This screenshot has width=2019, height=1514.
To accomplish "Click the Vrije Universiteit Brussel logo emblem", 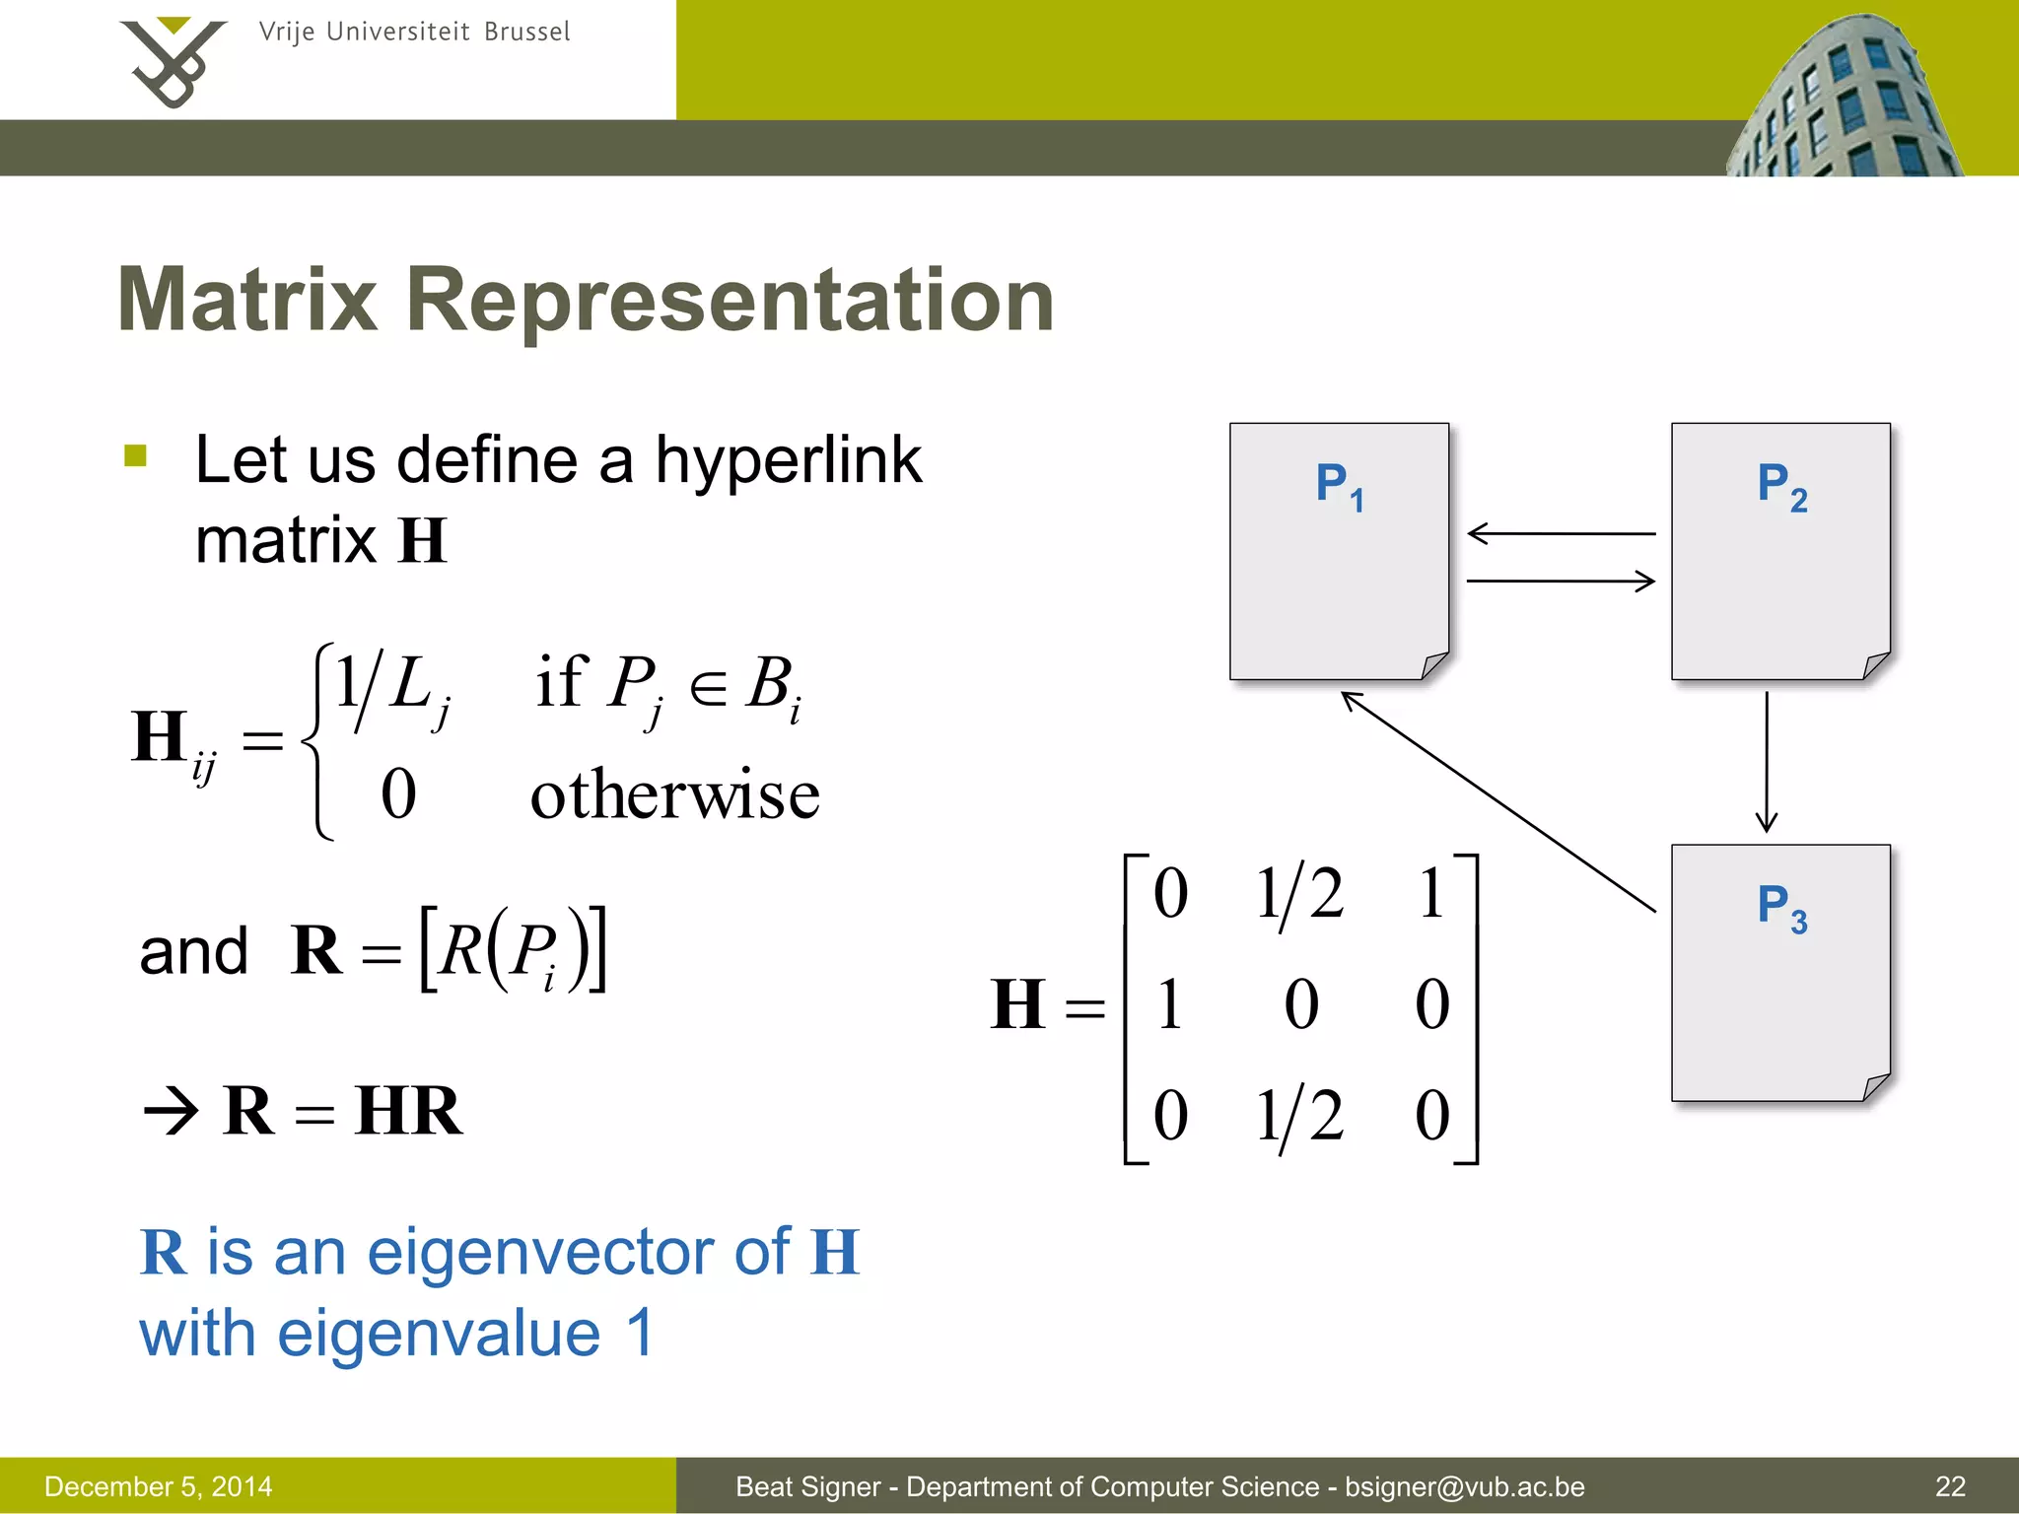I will click(x=173, y=61).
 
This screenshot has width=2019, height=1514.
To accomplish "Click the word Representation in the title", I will click(x=730, y=300).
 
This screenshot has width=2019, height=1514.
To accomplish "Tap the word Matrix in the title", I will click(x=247, y=300).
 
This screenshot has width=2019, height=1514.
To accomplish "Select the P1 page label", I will click(x=1339, y=486).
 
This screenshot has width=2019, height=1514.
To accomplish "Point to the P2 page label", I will click(x=1781, y=486).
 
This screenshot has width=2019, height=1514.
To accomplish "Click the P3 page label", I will click(x=1781, y=907).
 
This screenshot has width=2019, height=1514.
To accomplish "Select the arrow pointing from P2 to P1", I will click(x=1561, y=533).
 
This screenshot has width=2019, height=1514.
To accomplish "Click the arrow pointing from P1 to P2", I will click(x=1561, y=581).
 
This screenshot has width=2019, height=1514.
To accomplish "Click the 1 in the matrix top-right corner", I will click(x=1431, y=893).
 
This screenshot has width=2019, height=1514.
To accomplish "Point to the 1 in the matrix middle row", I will click(x=1169, y=1005).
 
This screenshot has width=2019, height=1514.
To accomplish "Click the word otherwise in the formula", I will click(x=674, y=795).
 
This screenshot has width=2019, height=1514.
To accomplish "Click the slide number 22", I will click(x=1950, y=1486).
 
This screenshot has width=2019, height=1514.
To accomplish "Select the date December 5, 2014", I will click(x=159, y=1486).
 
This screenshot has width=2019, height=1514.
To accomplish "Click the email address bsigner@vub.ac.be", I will click(x=1464, y=1486).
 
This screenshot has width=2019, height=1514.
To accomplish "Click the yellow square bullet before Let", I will click(x=136, y=455).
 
